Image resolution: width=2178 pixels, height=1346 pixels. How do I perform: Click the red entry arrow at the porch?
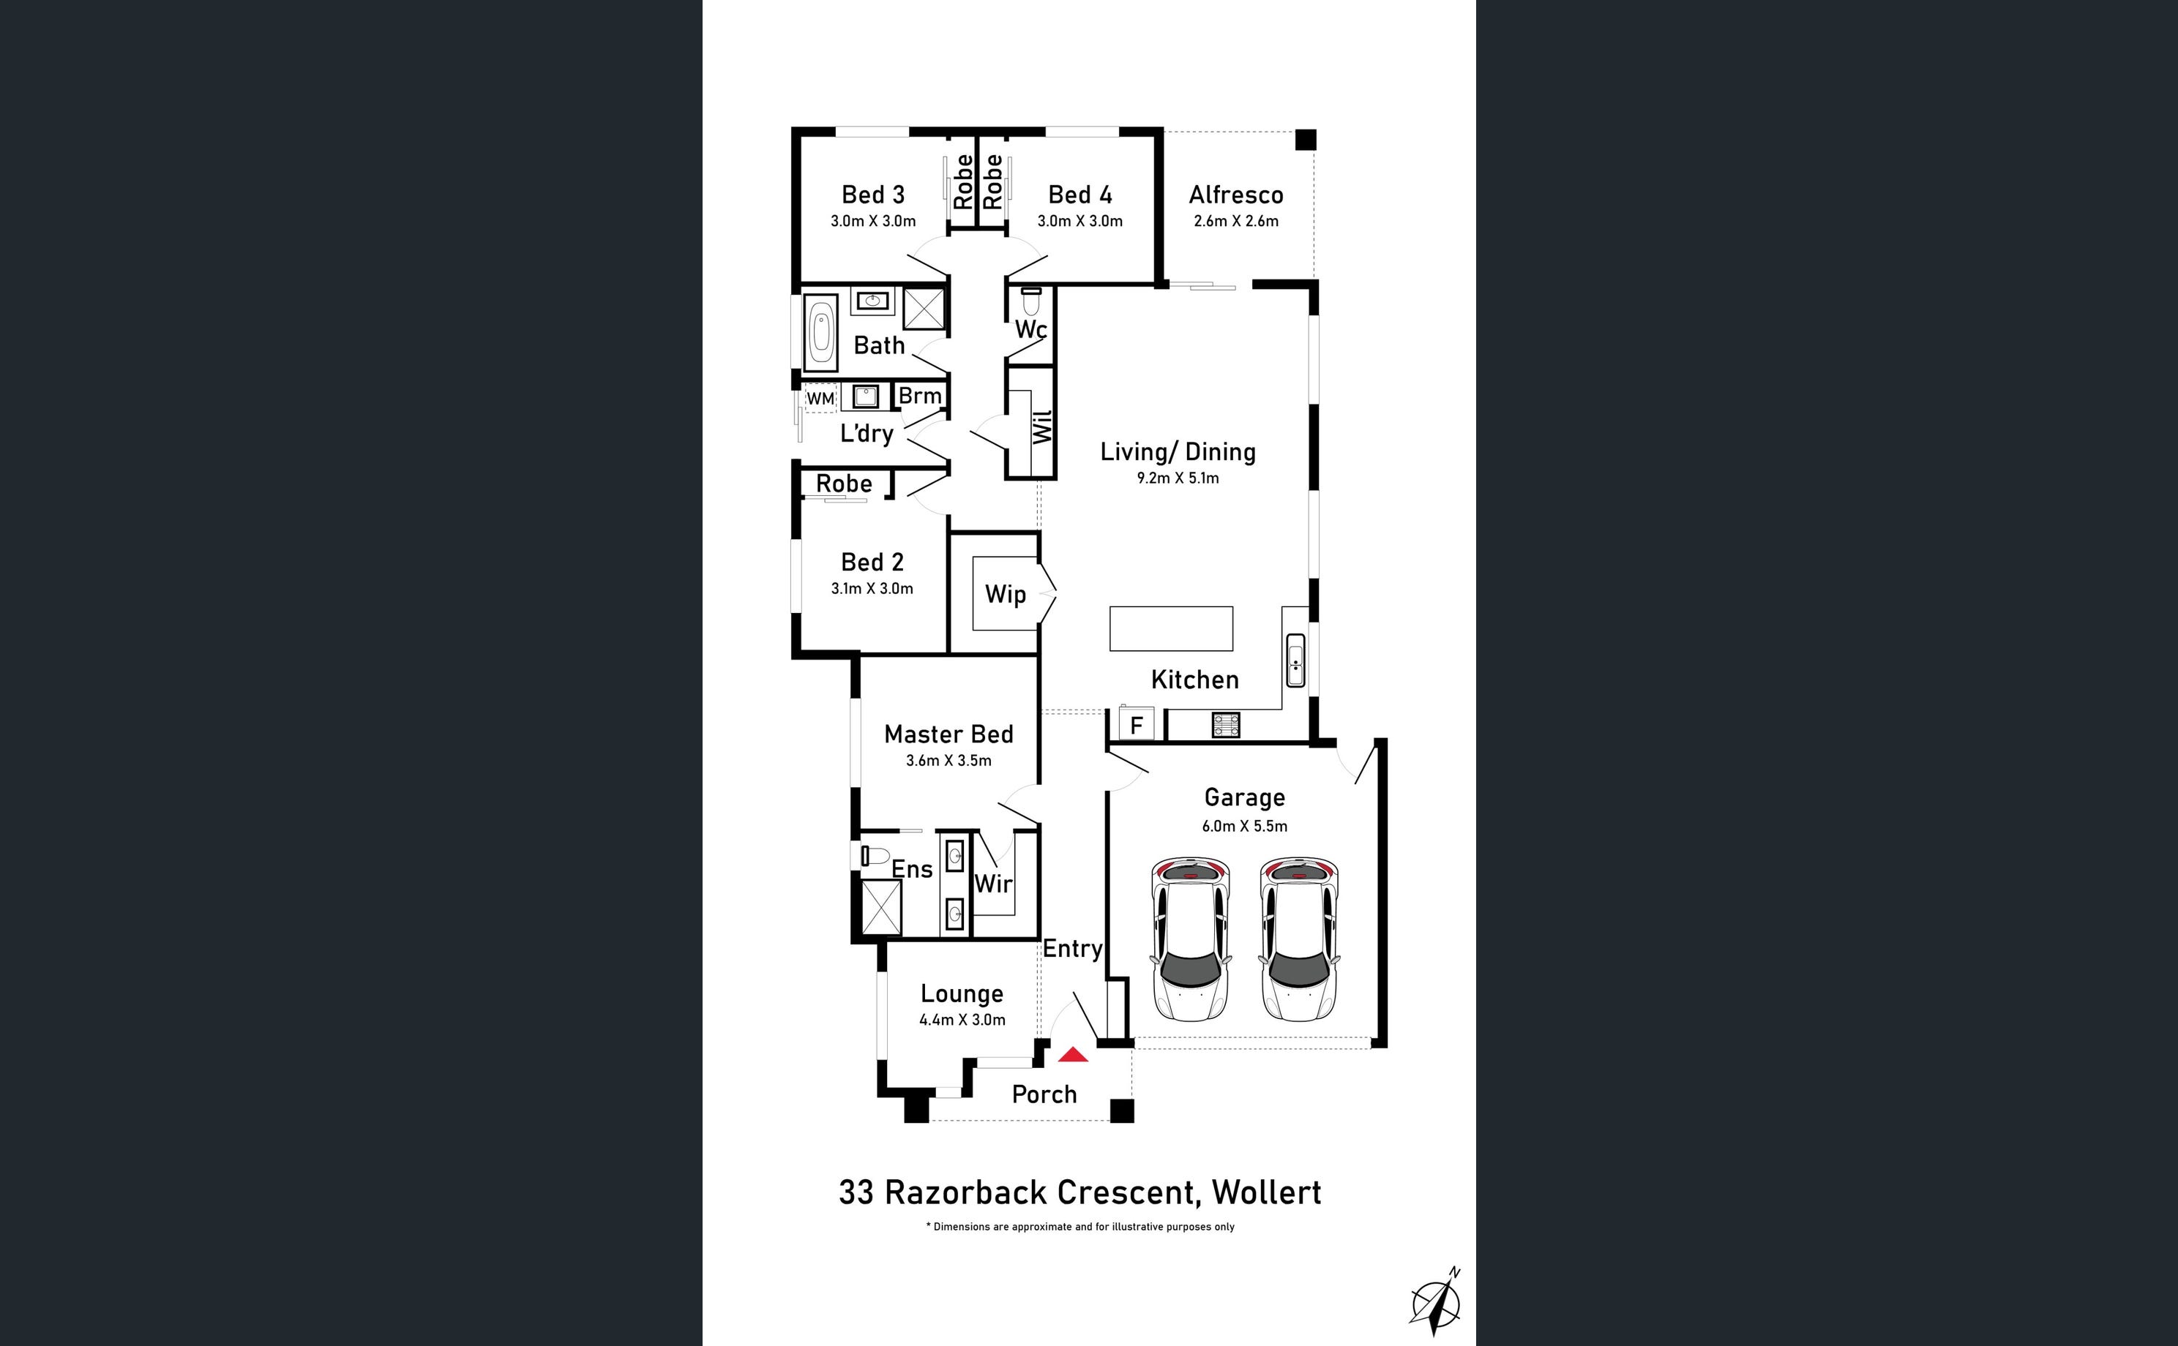[x=1073, y=1054]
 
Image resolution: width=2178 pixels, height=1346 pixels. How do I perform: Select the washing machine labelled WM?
[x=820, y=398]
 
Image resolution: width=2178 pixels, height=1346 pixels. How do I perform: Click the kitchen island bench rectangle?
[x=1171, y=628]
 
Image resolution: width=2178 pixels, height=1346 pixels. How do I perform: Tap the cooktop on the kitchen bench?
[x=1225, y=726]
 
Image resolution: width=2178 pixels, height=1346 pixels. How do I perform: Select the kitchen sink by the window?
[x=1295, y=660]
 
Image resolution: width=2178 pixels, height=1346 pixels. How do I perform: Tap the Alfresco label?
[x=1236, y=195]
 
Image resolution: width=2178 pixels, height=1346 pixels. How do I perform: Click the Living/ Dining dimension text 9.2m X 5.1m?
[x=1178, y=478]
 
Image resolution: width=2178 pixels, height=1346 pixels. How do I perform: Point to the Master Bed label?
[x=948, y=734]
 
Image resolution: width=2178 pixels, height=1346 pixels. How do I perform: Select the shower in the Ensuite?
[x=882, y=907]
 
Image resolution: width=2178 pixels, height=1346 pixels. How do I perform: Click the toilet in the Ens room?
[x=875, y=857]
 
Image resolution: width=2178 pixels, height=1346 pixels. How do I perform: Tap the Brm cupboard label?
[x=920, y=395]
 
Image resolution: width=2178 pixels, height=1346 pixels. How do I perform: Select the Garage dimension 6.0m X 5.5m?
[x=1245, y=826]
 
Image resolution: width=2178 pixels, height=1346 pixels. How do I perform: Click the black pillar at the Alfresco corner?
[x=1306, y=140]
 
